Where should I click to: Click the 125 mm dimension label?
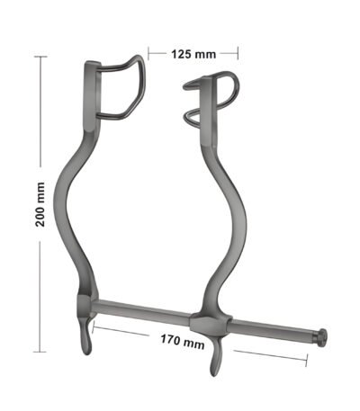point(193,54)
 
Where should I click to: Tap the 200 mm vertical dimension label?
point(40,204)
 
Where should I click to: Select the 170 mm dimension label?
point(183,342)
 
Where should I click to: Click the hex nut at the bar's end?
point(321,338)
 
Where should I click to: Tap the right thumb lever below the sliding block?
point(216,357)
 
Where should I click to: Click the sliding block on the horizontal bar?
point(211,326)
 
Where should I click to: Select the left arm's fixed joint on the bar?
point(85,305)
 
